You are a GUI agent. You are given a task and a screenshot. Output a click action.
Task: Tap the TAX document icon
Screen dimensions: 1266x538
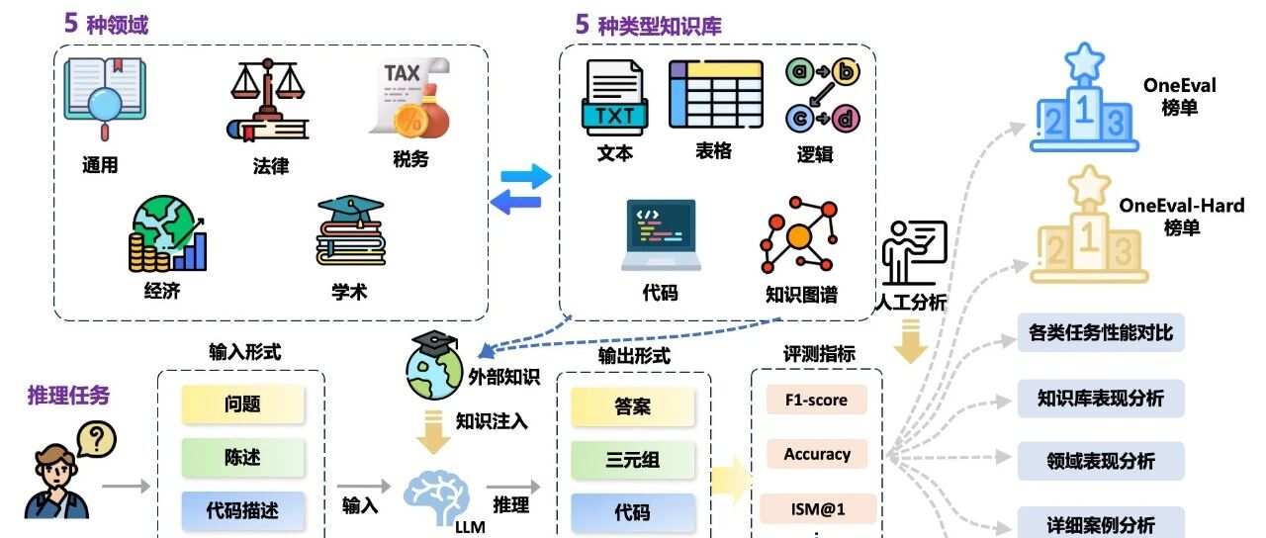(x=409, y=98)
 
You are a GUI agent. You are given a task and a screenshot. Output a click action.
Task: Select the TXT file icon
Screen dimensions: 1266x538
(x=614, y=99)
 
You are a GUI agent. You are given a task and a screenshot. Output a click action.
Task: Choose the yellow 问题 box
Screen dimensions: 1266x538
(x=242, y=404)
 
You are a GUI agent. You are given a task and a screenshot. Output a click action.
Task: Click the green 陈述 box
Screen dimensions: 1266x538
(x=242, y=458)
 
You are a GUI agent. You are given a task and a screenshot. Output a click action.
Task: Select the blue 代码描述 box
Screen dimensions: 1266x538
(x=242, y=511)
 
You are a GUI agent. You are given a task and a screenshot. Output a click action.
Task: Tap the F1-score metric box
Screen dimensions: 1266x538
(x=817, y=400)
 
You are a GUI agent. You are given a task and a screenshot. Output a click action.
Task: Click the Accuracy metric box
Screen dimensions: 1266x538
(x=817, y=455)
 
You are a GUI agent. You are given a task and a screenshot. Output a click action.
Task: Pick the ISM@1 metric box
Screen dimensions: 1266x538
(x=817, y=509)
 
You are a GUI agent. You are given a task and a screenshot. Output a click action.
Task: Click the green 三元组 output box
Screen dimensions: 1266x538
(x=632, y=460)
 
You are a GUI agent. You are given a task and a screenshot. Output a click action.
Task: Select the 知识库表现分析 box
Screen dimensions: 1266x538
(x=1101, y=399)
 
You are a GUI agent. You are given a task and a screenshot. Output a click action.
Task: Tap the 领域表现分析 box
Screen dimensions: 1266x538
(x=1101, y=461)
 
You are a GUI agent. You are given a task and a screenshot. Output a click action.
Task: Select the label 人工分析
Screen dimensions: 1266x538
(x=911, y=303)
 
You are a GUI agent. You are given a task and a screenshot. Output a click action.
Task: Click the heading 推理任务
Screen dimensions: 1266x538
(x=68, y=396)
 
